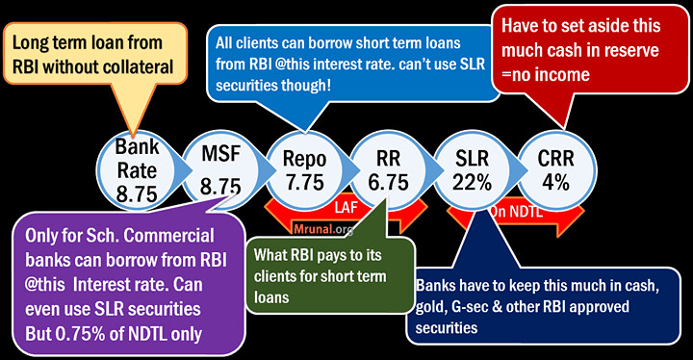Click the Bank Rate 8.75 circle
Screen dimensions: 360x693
138,169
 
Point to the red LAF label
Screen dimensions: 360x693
346,208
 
